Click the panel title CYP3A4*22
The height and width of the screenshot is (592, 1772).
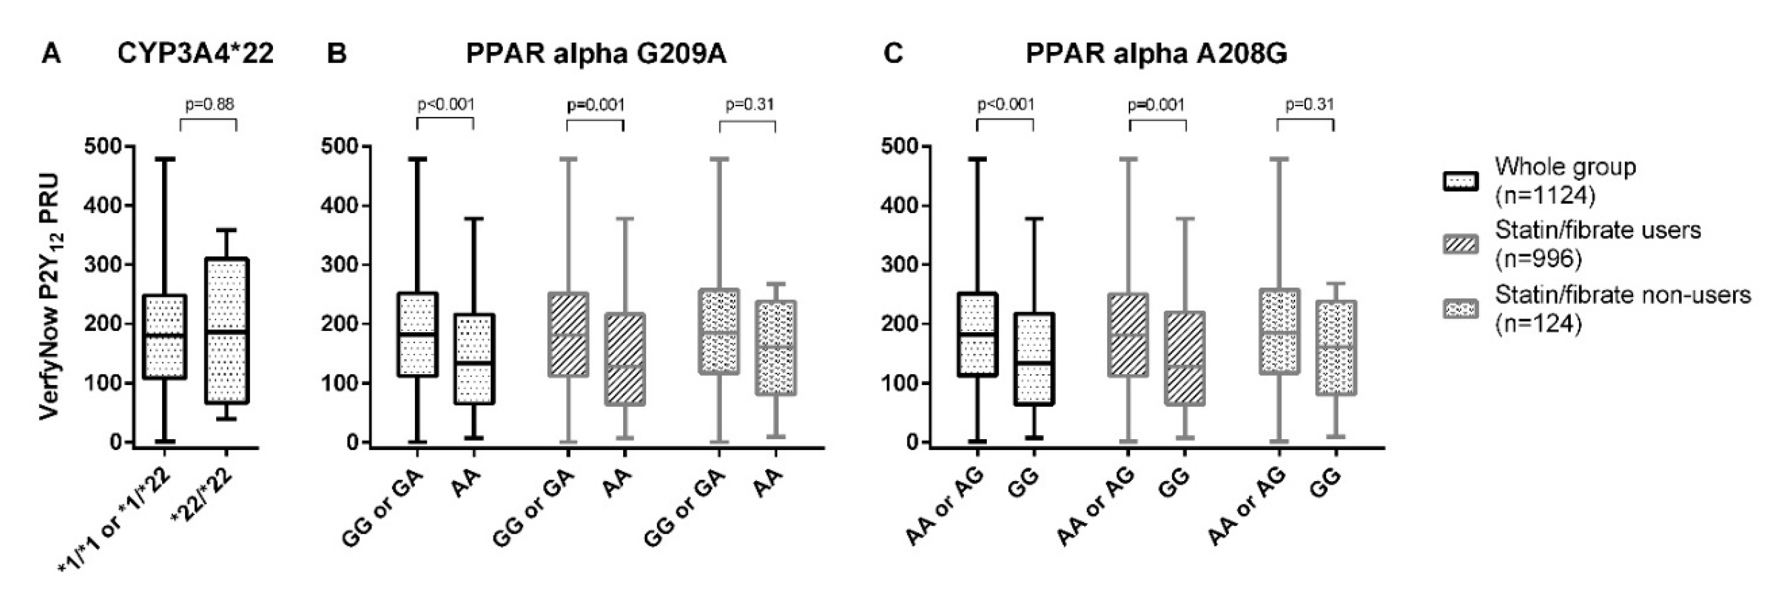point(195,54)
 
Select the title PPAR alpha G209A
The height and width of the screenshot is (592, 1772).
point(596,54)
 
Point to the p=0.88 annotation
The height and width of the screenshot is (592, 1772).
point(209,104)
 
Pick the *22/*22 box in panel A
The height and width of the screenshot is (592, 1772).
point(226,330)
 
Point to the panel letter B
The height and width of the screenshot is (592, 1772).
point(336,54)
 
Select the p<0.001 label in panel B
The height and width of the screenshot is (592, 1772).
point(446,104)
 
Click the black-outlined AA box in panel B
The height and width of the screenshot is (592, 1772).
point(473,359)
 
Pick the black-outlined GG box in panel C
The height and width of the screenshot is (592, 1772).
point(1033,359)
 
